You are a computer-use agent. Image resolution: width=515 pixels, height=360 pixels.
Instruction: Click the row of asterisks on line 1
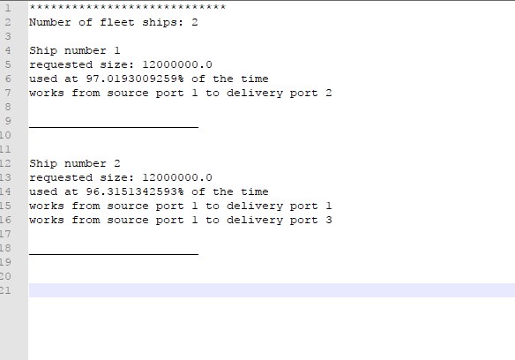pyautogui.click(x=128, y=7)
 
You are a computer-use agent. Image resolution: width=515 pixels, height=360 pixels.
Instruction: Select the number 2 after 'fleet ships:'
pyautogui.click(x=195, y=22)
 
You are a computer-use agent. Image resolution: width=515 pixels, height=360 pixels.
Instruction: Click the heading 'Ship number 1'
pyautogui.click(x=75, y=50)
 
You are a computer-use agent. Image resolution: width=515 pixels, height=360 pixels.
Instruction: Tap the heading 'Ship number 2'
pyautogui.click(x=75, y=163)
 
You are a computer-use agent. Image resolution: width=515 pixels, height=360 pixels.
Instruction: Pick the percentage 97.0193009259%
pyautogui.click(x=135, y=79)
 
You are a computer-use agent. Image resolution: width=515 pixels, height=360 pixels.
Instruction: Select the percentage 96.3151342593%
pyautogui.click(x=135, y=191)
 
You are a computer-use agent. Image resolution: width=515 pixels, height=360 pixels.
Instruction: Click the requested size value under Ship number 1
pyautogui.click(x=177, y=64)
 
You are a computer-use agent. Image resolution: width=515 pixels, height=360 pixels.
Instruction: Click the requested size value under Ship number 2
pyautogui.click(x=177, y=177)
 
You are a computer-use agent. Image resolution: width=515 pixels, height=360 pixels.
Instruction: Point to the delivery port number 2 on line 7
pyautogui.click(x=328, y=93)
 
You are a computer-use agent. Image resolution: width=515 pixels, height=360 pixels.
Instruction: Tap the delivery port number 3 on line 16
pyautogui.click(x=328, y=220)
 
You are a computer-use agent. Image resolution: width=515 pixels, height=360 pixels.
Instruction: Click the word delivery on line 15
pyautogui.click(x=255, y=206)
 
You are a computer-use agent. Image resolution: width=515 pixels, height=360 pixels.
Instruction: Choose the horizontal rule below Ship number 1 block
pyautogui.click(x=114, y=126)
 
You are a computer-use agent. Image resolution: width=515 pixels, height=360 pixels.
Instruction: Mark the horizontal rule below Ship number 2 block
pyautogui.click(x=114, y=254)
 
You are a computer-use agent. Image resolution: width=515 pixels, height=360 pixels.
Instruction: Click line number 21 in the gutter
pyautogui.click(x=5, y=290)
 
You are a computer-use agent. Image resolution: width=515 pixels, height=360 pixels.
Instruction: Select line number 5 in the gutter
pyautogui.click(x=8, y=64)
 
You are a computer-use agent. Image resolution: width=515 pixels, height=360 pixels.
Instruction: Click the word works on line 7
pyautogui.click(x=47, y=93)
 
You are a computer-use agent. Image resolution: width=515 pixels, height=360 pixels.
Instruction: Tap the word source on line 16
pyautogui.click(x=128, y=220)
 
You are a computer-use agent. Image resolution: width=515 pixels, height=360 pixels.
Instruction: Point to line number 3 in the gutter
pyautogui.click(x=8, y=36)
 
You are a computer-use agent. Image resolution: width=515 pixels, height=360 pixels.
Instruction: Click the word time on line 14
pyautogui.click(x=255, y=191)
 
